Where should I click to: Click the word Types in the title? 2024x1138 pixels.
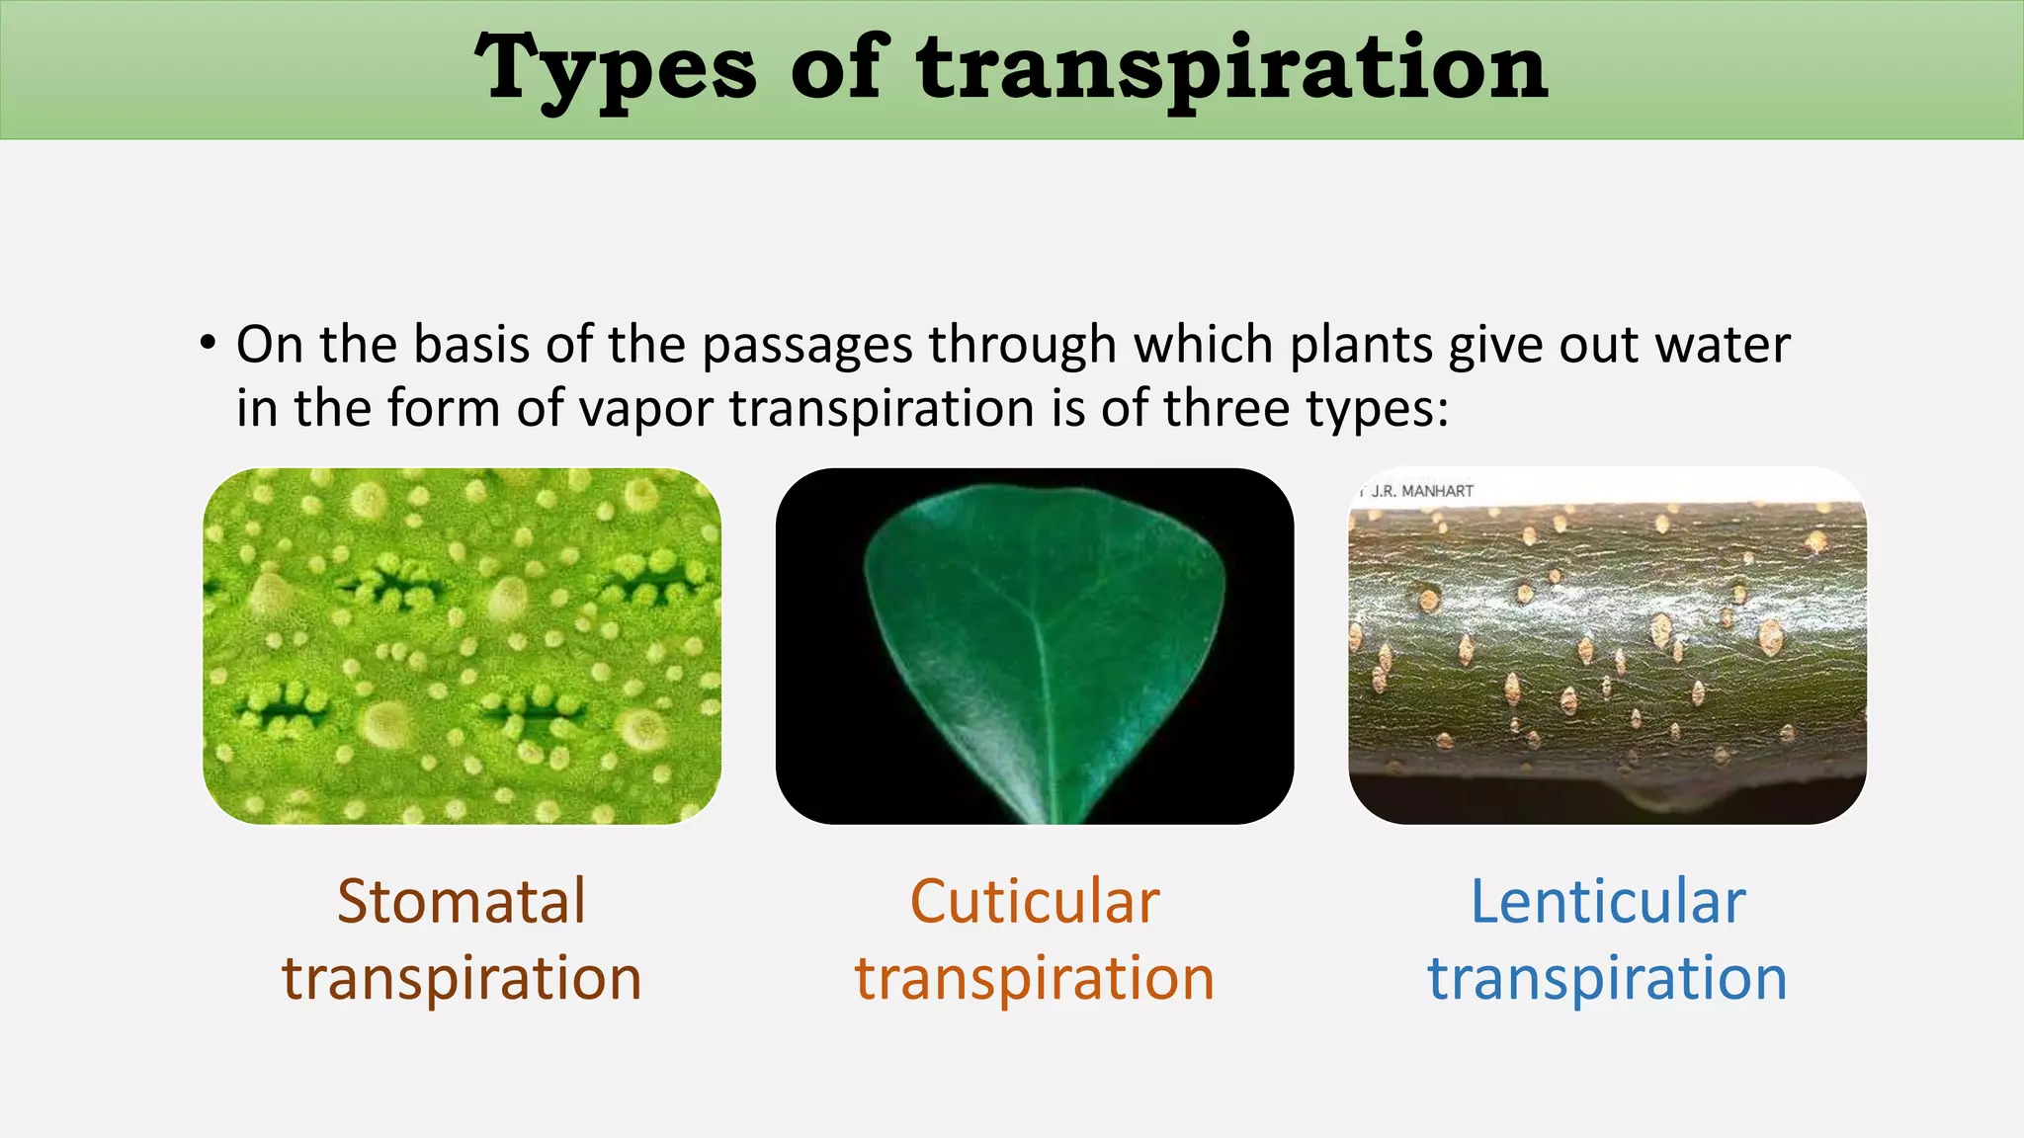[x=615, y=69]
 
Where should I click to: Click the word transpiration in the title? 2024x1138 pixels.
[x=1231, y=69]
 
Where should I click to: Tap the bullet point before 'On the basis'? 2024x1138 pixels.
[x=208, y=344]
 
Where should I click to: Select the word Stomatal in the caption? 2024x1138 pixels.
[x=462, y=902]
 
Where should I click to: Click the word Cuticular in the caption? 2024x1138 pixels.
[x=1034, y=902]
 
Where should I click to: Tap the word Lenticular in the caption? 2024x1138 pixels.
[x=1607, y=902]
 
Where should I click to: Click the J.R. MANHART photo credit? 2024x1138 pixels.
[x=1420, y=491]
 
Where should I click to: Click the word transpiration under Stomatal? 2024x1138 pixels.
[x=462, y=979]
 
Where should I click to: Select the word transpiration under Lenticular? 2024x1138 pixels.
[x=1607, y=979]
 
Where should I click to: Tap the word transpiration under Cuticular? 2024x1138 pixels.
[x=1034, y=979]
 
